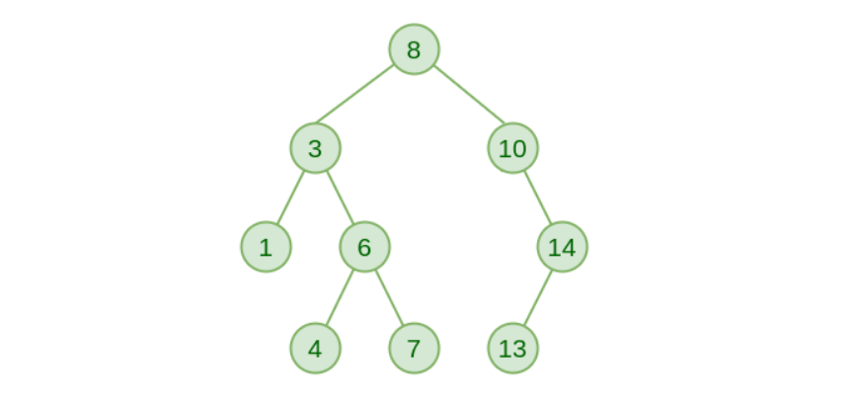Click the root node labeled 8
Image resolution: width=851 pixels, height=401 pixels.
click(414, 49)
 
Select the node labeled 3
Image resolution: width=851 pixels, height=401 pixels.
click(315, 149)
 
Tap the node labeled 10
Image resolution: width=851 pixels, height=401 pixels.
click(512, 149)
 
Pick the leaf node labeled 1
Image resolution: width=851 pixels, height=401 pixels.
click(266, 247)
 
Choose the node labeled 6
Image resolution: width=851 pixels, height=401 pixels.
click(364, 247)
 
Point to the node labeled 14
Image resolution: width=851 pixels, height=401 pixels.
click(562, 247)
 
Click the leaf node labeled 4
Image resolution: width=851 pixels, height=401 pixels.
click(315, 348)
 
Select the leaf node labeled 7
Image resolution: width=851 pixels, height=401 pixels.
click(414, 348)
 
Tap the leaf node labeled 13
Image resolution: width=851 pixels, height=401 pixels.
click(512, 348)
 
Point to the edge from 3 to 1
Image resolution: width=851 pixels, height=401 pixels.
click(290, 198)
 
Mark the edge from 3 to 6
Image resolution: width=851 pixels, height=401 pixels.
click(340, 198)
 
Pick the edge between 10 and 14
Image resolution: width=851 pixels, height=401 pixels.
click(537, 198)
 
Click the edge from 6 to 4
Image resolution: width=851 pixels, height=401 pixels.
click(340, 297)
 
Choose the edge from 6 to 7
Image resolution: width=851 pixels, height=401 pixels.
click(389, 297)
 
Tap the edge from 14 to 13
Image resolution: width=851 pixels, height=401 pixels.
click(537, 297)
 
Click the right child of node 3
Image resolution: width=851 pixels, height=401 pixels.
click(364, 247)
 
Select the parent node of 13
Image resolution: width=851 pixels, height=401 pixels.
click(562, 247)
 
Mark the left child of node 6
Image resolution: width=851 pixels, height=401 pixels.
click(315, 348)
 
